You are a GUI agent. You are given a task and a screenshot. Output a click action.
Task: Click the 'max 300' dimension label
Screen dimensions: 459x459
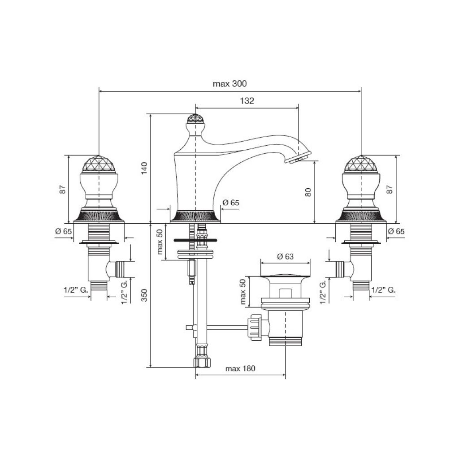click(x=229, y=84)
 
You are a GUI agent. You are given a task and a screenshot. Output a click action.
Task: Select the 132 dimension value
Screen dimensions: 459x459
click(x=247, y=101)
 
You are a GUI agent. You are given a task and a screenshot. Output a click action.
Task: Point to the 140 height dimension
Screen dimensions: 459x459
click(x=144, y=169)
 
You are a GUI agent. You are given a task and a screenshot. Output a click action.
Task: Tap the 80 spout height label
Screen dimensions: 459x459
click(x=308, y=192)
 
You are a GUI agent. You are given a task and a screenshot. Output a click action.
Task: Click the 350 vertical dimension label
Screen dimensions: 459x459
click(x=144, y=295)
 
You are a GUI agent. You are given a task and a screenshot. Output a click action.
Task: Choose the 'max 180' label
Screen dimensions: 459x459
click(x=240, y=368)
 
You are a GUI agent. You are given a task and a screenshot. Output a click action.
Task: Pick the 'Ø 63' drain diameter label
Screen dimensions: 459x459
click(x=285, y=257)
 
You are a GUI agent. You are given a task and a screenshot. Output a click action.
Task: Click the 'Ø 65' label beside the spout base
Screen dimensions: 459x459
click(x=231, y=203)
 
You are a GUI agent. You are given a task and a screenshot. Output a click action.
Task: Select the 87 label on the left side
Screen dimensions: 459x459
click(x=62, y=190)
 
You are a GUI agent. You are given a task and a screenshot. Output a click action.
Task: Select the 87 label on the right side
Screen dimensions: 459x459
click(x=390, y=190)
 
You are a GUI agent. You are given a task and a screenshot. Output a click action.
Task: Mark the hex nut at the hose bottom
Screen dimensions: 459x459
click(x=202, y=363)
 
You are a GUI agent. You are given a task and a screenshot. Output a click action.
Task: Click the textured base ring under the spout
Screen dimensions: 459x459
click(x=195, y=216)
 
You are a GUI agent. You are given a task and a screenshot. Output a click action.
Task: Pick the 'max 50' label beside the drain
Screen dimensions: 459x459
click(x=242, y=291)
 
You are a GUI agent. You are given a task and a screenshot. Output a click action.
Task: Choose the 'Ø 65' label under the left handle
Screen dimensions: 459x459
click(x=64, y=232)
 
